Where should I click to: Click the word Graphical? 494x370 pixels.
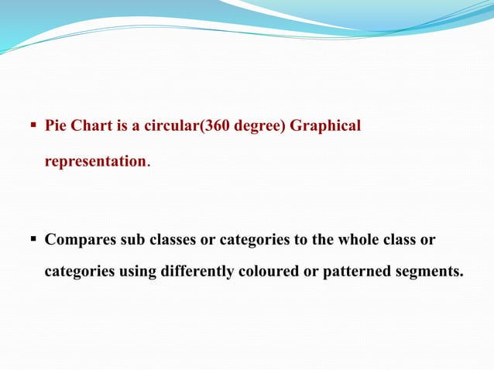(325, 126)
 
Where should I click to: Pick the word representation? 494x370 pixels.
(95, 162)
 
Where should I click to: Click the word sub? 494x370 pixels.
(132, 239)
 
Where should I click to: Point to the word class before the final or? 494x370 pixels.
(400, 239)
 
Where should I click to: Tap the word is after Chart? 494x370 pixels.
(123, 125)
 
